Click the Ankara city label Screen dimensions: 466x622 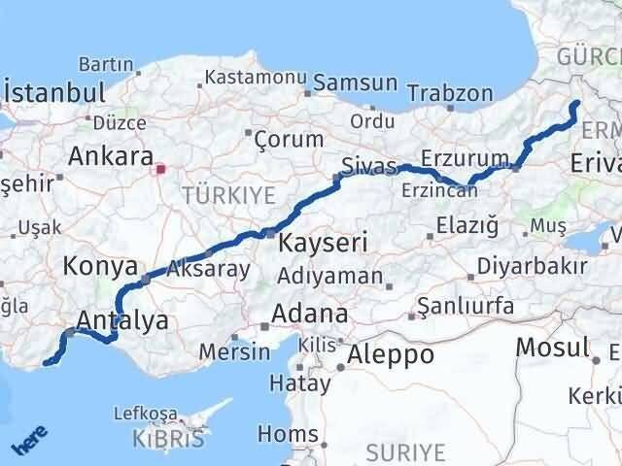(111, 156)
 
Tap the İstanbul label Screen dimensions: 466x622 (54, 94)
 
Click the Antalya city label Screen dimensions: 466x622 (121, 319)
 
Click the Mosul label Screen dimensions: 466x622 (552, 347)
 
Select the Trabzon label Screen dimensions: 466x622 (450, 94)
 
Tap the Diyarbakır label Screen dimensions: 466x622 (537, 266)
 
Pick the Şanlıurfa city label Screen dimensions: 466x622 (465, 306)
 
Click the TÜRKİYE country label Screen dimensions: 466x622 (228, 194)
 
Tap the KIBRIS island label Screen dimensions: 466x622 (169, 439)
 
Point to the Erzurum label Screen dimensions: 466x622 (466, 157)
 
